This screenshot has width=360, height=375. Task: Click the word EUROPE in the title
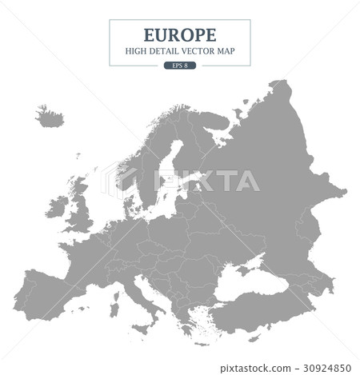(179, 35)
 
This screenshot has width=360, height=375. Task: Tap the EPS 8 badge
(179, 65)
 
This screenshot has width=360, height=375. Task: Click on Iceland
(50, 116)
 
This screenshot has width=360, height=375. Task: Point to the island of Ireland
(56, 209)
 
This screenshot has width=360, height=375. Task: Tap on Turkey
(256, 308)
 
